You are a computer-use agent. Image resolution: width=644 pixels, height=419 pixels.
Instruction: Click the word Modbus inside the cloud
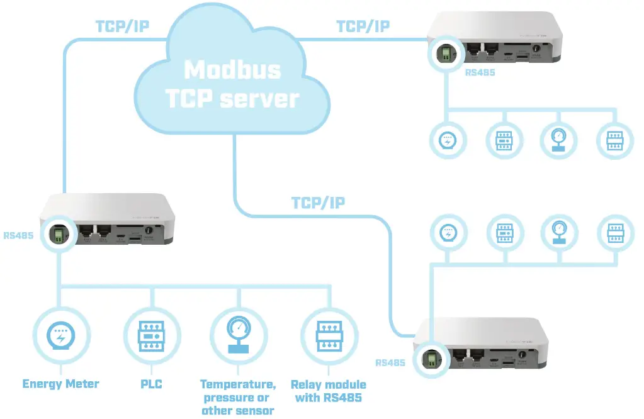[x=233, y=69]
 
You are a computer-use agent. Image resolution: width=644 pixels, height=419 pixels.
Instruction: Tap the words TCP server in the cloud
[x=232, y=98]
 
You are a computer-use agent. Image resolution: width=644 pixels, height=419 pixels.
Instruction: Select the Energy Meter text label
[x=60, y=384]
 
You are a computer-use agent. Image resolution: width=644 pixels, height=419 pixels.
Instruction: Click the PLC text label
[x=150, y=384]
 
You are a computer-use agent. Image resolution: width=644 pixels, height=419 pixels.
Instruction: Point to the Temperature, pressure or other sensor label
[x=237, y=397]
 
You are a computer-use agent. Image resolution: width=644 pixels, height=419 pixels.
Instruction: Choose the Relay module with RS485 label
[x=328, y=390]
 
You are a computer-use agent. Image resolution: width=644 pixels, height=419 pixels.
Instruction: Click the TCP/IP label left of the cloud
[x=122, y=26]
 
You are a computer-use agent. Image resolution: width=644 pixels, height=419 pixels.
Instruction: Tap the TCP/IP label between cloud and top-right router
[x=363, y=26]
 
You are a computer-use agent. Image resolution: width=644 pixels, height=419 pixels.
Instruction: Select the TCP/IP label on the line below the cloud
[x=318, y=203]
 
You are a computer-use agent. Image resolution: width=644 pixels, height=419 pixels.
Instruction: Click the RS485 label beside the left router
[x=18, y=237]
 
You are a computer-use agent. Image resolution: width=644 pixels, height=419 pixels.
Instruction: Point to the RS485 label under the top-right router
[x=480, y=73]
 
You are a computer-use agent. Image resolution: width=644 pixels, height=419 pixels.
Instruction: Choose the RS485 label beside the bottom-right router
[x=391, y=362]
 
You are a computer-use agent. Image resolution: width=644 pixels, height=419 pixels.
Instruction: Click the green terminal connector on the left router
[x=57, y=235]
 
